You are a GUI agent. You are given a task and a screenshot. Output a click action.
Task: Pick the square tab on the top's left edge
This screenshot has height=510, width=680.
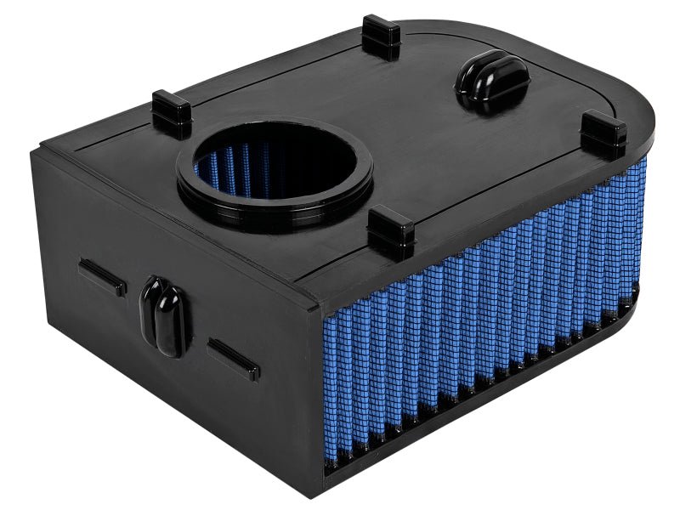click(x=171, y=113)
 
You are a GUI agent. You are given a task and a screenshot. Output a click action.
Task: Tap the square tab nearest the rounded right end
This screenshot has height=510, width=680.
click(x=603, y=133)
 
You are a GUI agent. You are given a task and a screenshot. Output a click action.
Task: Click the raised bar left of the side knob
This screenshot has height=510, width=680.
click(x=102, y=277)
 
